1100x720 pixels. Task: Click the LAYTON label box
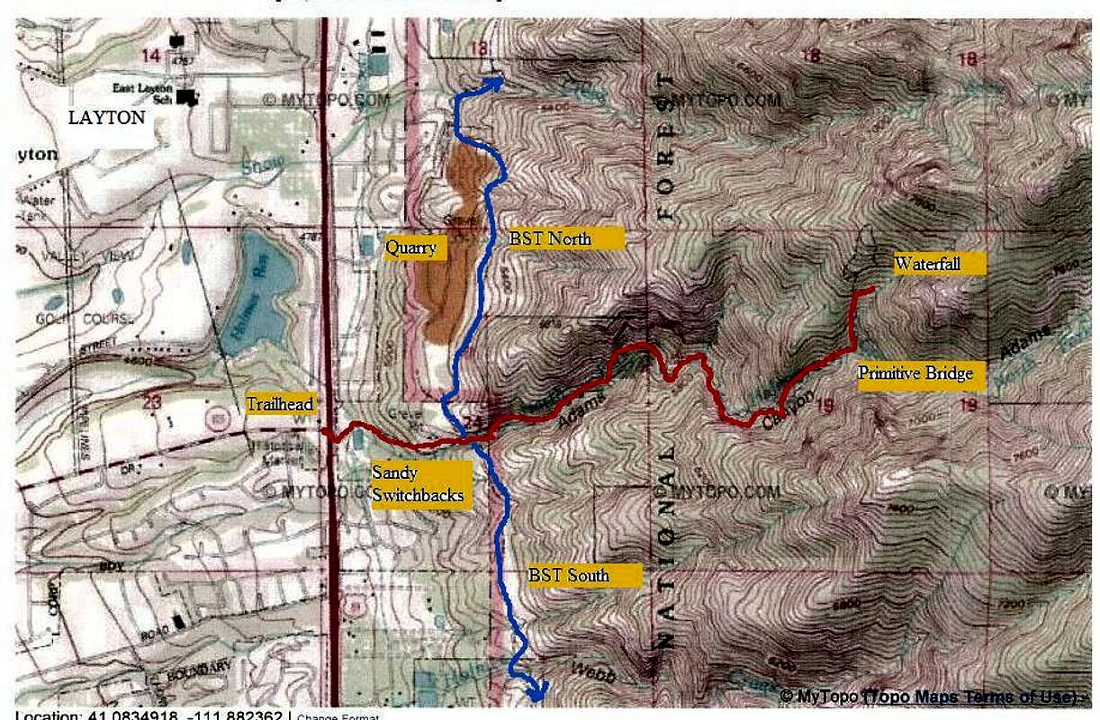pos(107,117)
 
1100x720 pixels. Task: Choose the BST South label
pos(583,575)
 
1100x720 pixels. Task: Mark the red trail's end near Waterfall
pos(872,289)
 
